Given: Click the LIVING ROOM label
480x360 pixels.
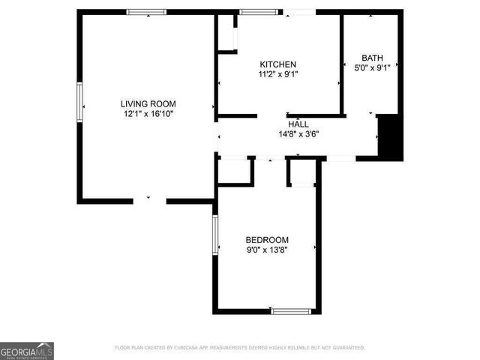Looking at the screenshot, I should click(148, 103).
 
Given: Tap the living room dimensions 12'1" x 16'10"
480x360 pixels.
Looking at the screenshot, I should click(148, 113).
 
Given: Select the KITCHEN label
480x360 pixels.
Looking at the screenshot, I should click(278, 64).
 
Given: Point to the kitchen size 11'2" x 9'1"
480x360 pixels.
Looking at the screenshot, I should click(278, 74).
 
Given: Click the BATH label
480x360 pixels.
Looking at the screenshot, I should click(371, 58).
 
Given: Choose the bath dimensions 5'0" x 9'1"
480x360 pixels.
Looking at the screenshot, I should click(371, 67).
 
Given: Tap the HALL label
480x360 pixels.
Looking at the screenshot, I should click(298, 124).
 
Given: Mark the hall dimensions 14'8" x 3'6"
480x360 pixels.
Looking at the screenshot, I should click(298, 135).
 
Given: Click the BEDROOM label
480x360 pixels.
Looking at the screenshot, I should click(267, 240).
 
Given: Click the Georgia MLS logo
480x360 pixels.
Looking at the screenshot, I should click(27, 351).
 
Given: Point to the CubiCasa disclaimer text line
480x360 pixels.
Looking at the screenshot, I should click(239, 348).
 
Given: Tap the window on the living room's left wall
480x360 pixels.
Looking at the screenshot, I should click(79, 100).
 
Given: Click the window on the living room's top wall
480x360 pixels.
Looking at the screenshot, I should click(146, 12).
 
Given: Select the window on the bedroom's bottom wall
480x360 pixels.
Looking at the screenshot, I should click(292, 310).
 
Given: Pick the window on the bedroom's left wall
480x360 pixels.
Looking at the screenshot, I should click(215, 234).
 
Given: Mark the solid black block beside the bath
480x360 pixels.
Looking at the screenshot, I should click(390, 137).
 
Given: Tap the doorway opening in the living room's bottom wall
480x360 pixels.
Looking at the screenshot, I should click(149, 201).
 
